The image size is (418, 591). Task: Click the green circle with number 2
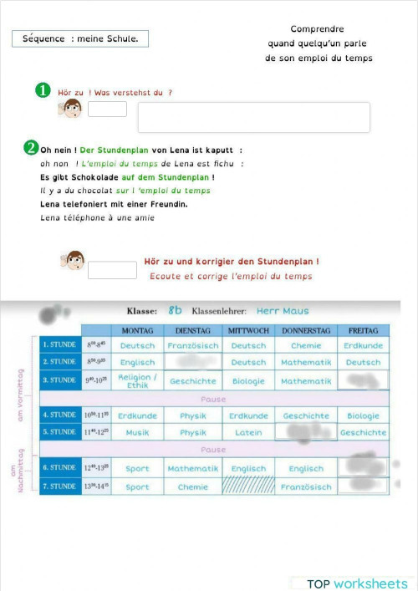pos(31,148)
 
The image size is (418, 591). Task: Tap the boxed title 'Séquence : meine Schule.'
pos(80,38)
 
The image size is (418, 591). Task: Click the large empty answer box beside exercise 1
pos(253,117)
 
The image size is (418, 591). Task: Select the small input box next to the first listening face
pos(107,109)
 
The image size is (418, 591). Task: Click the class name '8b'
pos(175,309)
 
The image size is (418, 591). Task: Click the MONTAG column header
pos(137,330)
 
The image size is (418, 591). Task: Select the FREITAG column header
pos(363,330)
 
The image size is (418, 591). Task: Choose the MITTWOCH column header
pos(248,330)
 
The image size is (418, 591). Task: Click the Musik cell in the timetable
pos(137,432)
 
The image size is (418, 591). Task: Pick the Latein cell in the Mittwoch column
pos(248,432)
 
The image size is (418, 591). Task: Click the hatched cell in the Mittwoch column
pos(248,487)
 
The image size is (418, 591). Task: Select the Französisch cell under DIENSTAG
pos(193,345)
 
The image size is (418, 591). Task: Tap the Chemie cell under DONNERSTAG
pos(306,345)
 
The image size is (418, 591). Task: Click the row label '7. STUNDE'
pos(60,487)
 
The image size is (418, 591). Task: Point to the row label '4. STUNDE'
pos(60,415)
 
